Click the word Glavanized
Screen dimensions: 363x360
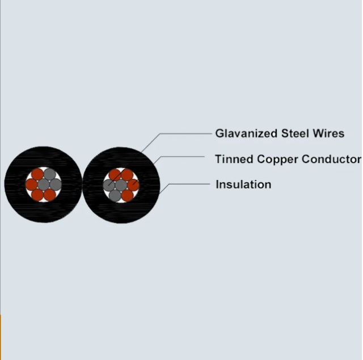pos(246,133)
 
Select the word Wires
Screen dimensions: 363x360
pos(328,133)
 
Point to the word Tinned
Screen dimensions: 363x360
pos(234,159)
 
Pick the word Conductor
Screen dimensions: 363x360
pos(331,159)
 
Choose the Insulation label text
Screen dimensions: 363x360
pos(243,185)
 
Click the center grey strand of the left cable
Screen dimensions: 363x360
pos(44,185)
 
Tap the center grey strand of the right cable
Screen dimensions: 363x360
pos(121,185)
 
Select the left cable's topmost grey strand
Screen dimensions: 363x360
pos(49,174)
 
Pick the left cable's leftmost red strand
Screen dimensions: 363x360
pos(32,185)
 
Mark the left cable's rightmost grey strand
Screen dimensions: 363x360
pos(56,185)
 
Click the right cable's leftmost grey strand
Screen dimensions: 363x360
pos(109,185)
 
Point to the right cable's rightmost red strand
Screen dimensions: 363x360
pos(133,185)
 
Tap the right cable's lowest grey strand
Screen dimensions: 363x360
pos(115,196)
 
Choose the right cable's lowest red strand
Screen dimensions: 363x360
pos(127,196)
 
